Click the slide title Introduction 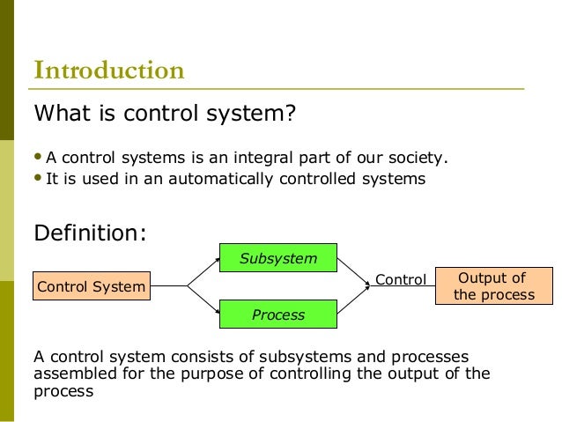click(x=108, y=70)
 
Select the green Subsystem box click(x=277, y=258)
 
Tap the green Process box click(x=277, y=315)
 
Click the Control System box click(x=91, y=286)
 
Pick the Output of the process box click(x=493, y=286)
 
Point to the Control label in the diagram click(x=401, y=280)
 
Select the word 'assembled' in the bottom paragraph click(x=69, y=373)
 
